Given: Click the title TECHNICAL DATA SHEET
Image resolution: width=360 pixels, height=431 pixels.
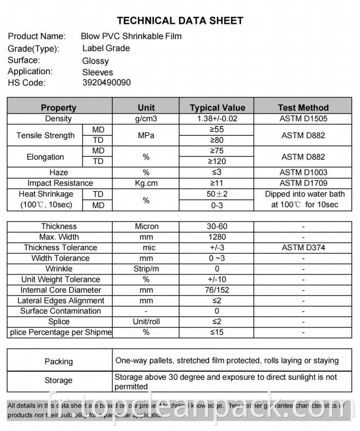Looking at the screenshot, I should (x=180, y=21).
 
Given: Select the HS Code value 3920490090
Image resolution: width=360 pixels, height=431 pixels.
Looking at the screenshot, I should (x=106, y=83).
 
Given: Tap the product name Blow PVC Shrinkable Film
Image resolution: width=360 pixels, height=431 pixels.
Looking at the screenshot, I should (x=131, y=37).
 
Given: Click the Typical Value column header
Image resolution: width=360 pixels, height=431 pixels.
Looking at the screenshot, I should (x=217, y=107).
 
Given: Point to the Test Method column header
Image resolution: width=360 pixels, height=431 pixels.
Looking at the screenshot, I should (x=303, y=107).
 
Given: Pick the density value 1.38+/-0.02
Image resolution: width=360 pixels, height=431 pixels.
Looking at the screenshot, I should (x=217, y=118).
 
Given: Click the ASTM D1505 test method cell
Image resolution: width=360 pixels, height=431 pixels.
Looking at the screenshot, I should (x=304, y=118).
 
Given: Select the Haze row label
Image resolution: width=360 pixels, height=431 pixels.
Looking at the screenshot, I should (x=59, y=172).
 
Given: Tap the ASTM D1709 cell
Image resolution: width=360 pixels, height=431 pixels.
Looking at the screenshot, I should (x=304, y=183).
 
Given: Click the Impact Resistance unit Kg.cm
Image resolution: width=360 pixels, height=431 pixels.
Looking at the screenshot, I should (x=146, y=183).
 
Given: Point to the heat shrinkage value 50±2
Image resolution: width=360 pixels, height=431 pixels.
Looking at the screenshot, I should (x=217, y=194).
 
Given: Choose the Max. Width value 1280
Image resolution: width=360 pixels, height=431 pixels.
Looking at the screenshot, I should (x=217, y=237).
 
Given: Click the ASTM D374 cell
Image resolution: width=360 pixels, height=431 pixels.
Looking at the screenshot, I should (x=303, y=247).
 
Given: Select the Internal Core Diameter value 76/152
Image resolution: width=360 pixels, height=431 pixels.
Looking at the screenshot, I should (x=217, y=290).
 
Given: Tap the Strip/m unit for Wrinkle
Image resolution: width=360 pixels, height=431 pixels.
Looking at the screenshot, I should (x=146, y=269).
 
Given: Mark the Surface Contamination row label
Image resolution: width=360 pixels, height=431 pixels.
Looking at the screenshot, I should (x=60, y=311).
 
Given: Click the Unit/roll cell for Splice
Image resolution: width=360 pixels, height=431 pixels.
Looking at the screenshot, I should (x=146, y=321).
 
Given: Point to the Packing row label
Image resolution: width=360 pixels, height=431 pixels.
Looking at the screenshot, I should (x=59, y=361).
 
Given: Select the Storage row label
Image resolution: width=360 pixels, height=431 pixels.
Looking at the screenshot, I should (x=59, y=380).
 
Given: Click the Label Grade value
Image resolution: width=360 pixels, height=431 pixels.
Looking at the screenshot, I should (x=106, y=48).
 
